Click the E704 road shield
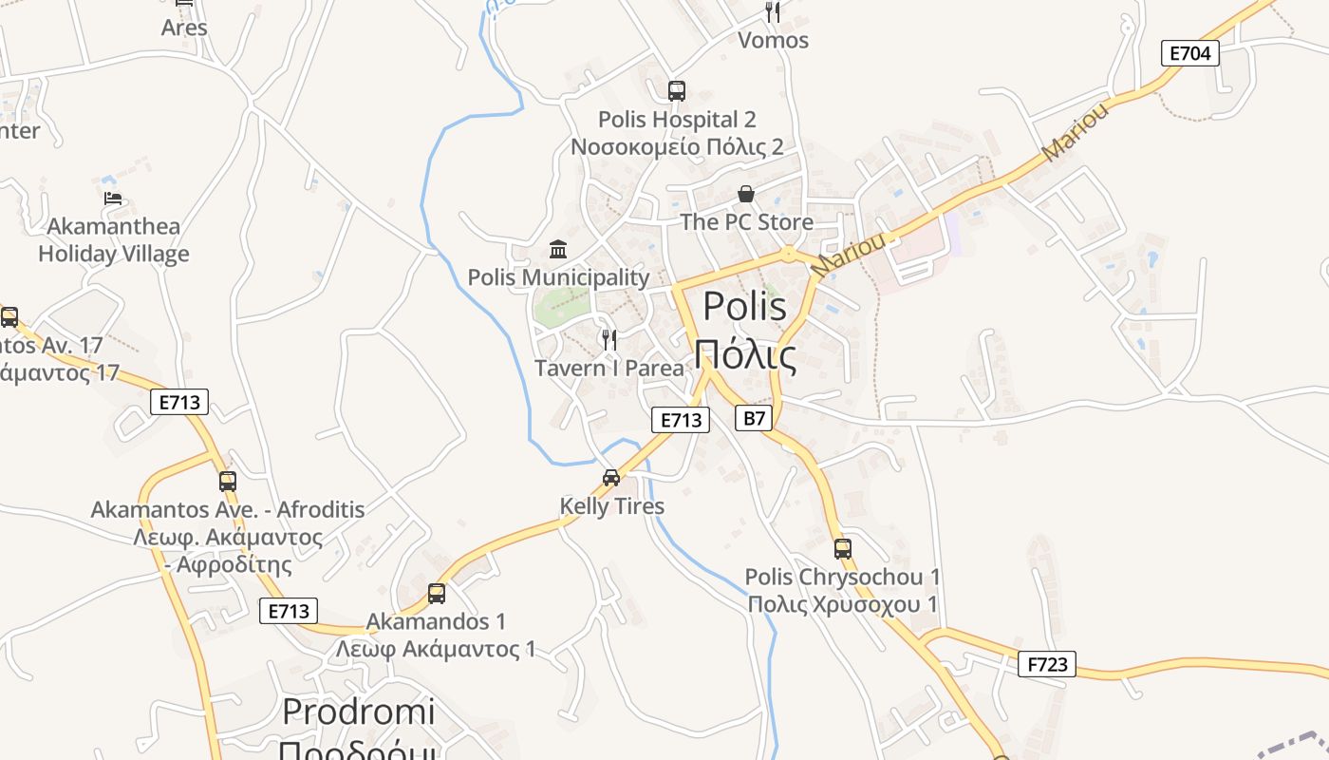pos(1189,53)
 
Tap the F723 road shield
pos(1047,664)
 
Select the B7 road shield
pos(753,418)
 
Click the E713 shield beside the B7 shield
pos(681,420)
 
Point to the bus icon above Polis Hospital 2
pos(676,91)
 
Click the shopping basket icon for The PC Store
pos(746,194)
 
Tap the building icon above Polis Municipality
pos(558,250)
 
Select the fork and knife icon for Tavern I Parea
pos(609,339)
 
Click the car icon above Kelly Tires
pos(611,478)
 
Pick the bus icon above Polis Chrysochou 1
pos(842,548)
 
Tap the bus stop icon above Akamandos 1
pos(436,594)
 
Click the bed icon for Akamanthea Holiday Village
pos(113,199)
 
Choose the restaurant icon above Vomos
pos(773,12)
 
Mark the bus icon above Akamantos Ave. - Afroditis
pos(227,482)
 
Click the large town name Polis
pos(744,307)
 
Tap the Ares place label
pos(184,28)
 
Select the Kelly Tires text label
pos(611,506)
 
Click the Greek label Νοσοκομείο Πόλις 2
pos(677,146)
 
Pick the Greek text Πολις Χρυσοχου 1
pos(842,604)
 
